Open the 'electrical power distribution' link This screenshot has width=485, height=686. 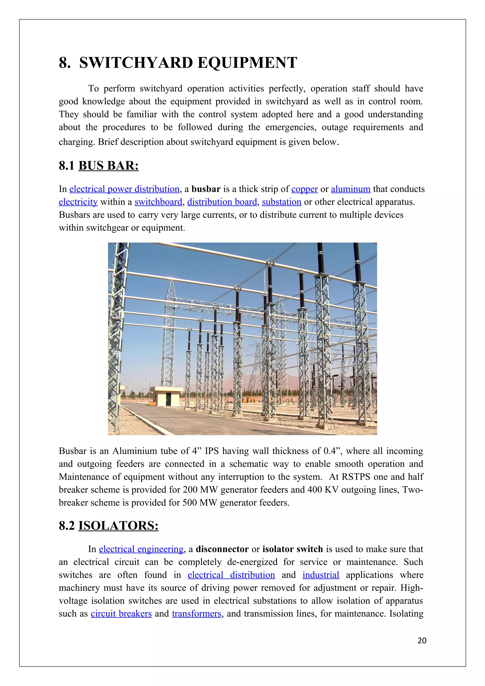click(124, 189)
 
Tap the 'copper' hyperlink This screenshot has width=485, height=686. click(304, 189)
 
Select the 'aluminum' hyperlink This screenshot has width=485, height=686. click(350, 189)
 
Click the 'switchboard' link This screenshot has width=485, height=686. click(158, 202)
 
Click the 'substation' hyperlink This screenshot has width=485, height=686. click(282, 202)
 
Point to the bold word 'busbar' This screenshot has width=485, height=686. click(206, 189)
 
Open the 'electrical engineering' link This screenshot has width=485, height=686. click(141, 549)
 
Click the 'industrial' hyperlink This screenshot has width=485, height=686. click(321, 575)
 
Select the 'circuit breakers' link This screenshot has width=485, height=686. click(121, 614)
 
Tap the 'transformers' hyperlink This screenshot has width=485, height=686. click(196, 614)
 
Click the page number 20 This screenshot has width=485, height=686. click(422, 640)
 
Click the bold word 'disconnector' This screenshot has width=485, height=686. click(222, 549)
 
